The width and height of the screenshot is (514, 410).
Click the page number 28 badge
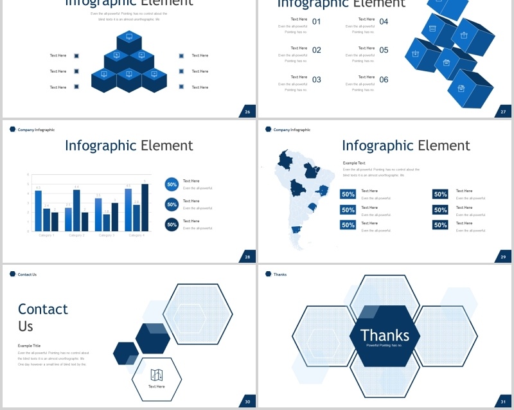coord(247,257)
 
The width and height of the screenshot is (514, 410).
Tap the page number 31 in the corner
coord(504,402)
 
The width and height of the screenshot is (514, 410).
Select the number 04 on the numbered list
coord(384,22)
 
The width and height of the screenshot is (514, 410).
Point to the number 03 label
coord(317,80)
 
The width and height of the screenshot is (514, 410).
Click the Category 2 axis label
coord(76,235)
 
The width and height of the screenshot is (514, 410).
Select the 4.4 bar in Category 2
coord(76,209)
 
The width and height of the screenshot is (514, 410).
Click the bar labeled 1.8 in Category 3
coord(106,222)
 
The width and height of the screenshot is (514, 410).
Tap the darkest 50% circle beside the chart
coord(172,224)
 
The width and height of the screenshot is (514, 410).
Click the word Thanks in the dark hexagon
coord(385,335)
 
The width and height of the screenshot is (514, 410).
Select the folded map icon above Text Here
coord(156,375)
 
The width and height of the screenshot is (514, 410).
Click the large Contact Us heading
coord(42,317)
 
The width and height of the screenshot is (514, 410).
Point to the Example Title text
coord(29,346)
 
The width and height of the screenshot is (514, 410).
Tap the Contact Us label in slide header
coord(27,274)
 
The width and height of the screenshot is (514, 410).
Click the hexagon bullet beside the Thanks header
coord(267,274)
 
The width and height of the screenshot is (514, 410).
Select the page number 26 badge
coord(247,112)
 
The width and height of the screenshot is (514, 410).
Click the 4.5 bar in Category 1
coord(38,210)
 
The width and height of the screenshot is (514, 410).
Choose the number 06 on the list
coord(384,80)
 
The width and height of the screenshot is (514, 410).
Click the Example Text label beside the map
coord(354,163)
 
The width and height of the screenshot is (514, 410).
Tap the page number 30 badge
coord(247,402)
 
